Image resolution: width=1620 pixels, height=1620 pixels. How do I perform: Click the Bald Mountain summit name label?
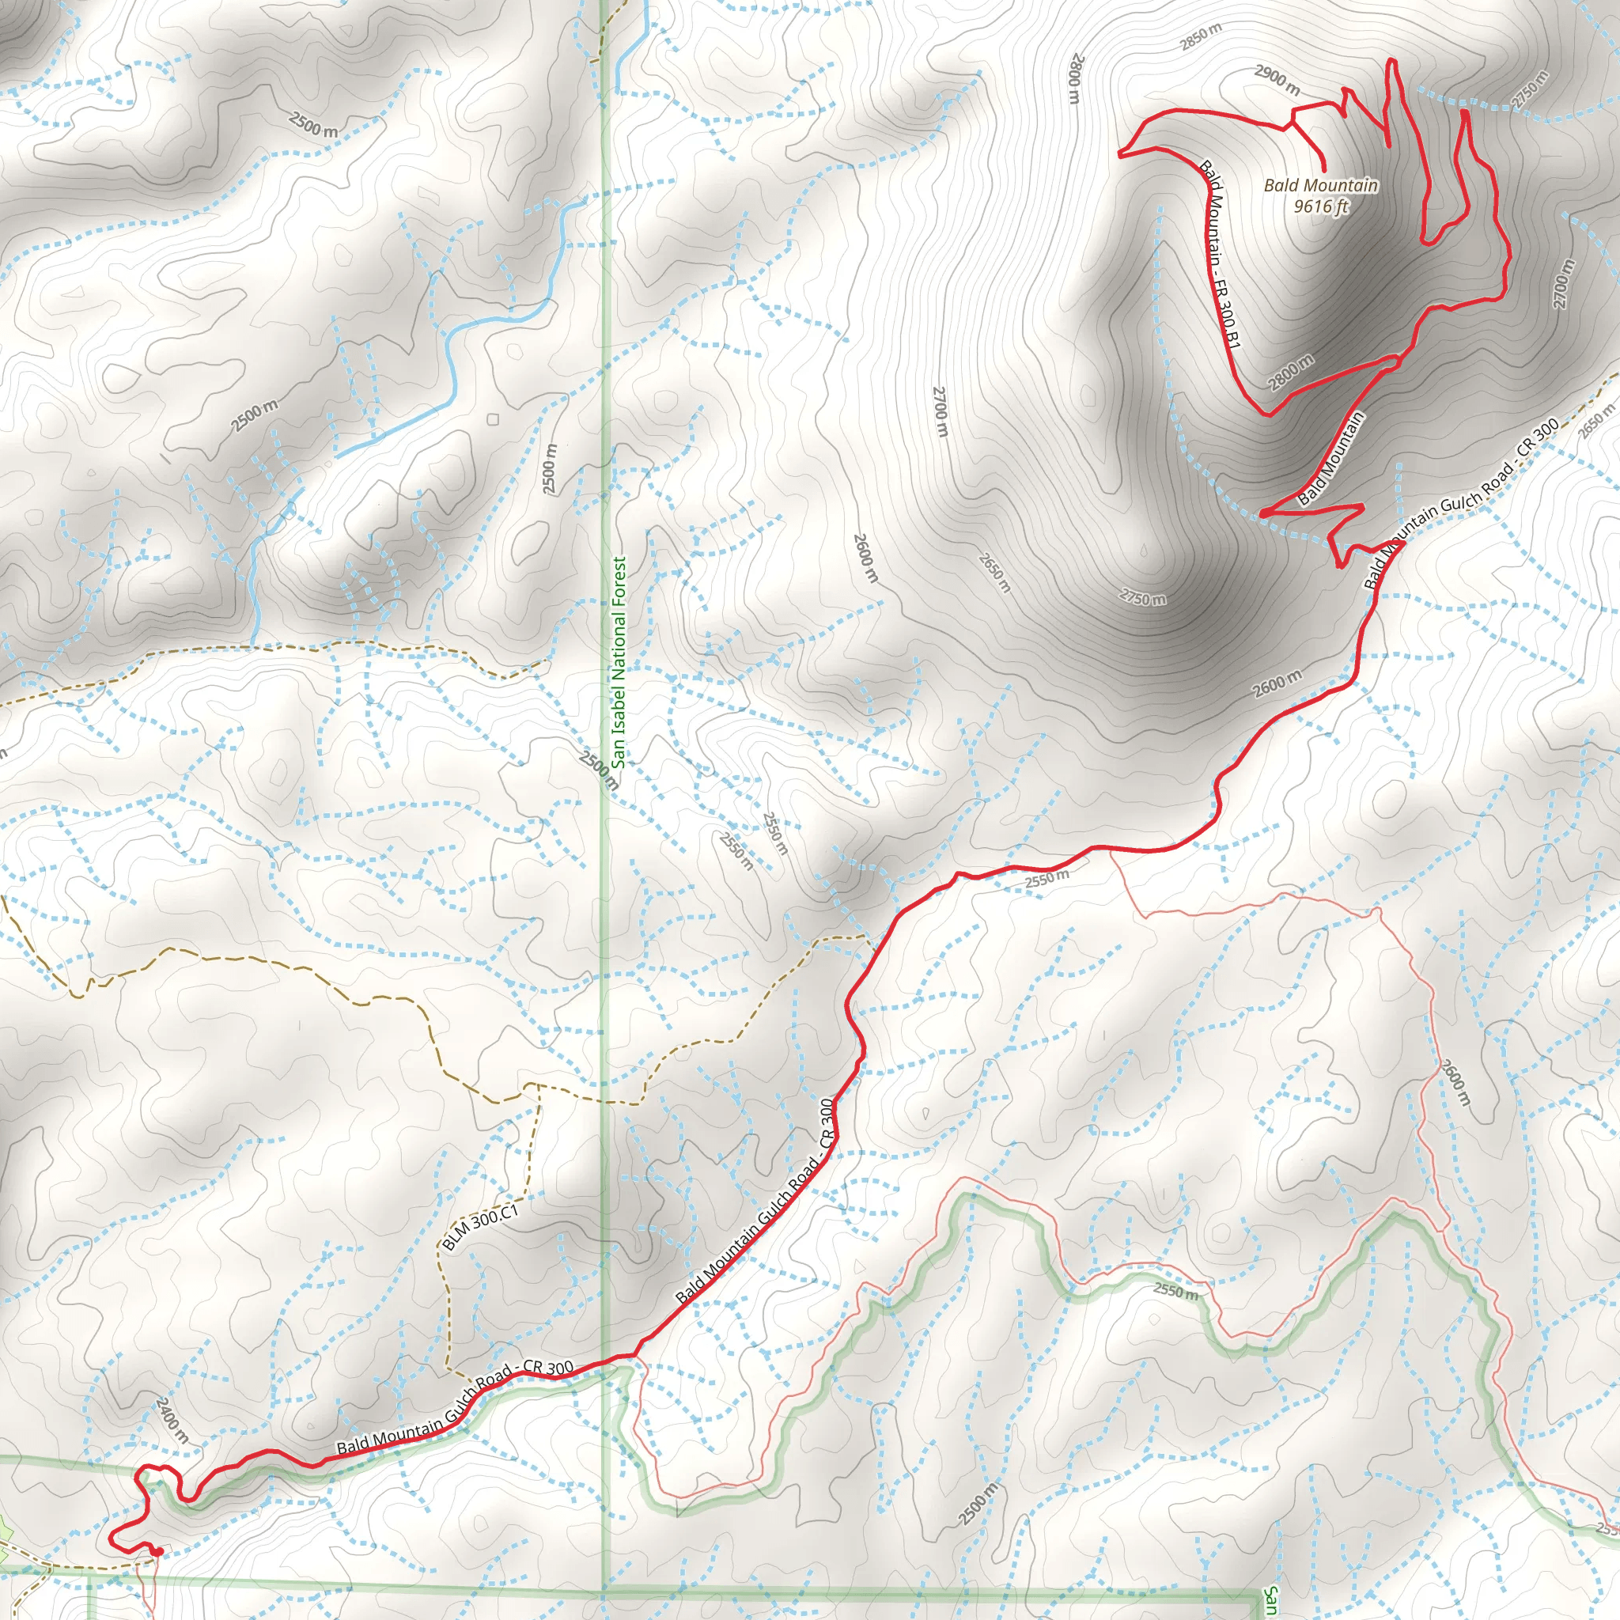point(1321,185)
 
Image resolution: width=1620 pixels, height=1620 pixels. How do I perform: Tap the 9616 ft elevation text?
point(1321,206)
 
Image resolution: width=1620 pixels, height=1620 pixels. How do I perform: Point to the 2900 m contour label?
point(1277,80)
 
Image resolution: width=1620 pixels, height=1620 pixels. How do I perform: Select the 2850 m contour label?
point(1201,37)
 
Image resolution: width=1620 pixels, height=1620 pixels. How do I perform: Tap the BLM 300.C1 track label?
point(479,1228)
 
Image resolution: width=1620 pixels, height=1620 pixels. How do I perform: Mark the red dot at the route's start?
point(157,1552)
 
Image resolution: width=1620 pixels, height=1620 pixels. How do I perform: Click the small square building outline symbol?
point(492,419)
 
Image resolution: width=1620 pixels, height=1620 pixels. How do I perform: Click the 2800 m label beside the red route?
point(1290,373)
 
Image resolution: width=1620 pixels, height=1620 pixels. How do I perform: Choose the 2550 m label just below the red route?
point(1047,879)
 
